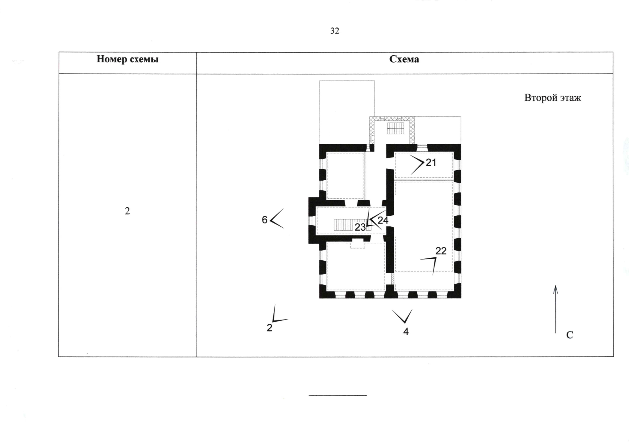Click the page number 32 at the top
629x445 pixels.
click(335, 31)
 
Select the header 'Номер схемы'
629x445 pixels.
click(128, 59)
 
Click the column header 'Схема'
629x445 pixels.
click(404, 59)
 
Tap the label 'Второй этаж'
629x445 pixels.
click(553, 98)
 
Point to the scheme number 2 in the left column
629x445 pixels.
click(127, 211)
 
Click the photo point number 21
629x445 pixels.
click(431, 162)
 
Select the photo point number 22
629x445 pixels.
click(441, 251)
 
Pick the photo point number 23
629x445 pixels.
click(360, 227)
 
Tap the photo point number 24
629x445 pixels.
click(383, 220)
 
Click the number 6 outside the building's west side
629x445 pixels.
click(264, 220)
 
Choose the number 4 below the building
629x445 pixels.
click(406, 332)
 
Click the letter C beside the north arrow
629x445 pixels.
click(570, 335)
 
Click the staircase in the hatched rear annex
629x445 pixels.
click(396, 128)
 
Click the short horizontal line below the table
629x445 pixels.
click(338, 396)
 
